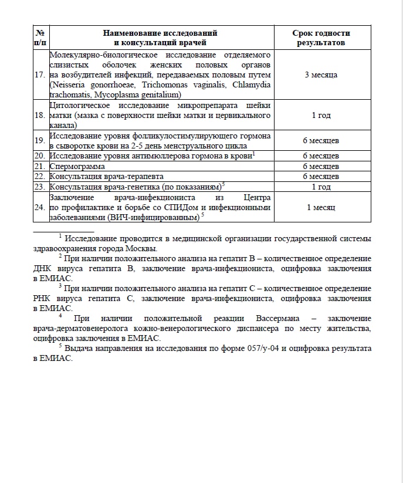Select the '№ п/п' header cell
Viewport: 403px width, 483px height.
40,38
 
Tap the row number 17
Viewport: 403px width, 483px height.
40,75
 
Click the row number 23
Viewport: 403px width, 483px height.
40,187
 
